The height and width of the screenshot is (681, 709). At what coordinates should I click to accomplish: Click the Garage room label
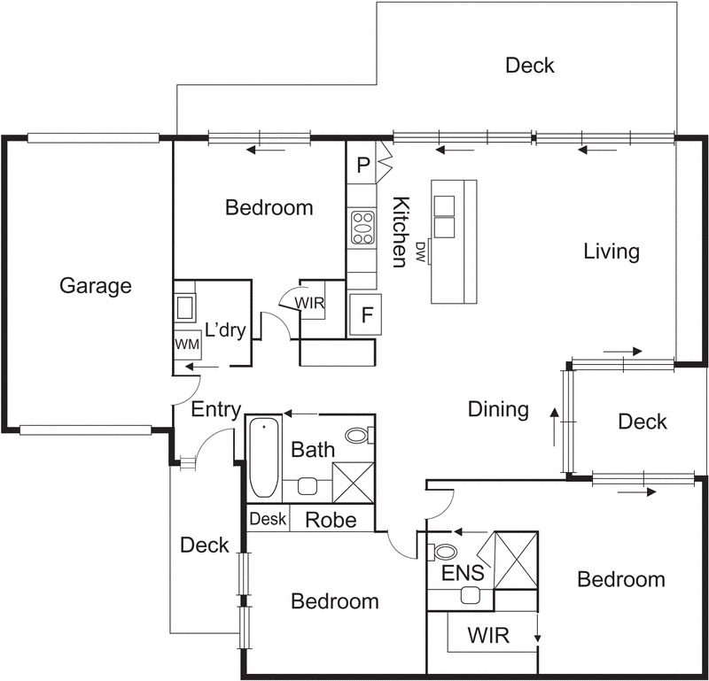coord(96,286)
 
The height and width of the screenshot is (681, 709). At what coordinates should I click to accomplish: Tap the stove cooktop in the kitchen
coord(363,228)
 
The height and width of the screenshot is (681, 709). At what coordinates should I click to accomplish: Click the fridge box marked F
coord(366,314)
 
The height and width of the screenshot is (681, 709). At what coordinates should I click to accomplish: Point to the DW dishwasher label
coord(420,252)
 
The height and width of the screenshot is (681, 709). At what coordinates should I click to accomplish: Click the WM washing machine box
coord(188,344)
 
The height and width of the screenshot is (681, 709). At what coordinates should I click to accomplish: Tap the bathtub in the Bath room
coord(264,457)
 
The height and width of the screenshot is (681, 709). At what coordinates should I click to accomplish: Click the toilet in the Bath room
coord(360,435)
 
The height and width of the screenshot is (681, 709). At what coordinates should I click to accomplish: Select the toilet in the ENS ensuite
coord(442,552)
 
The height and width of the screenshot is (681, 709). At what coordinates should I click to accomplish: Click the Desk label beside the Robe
coord(268,519)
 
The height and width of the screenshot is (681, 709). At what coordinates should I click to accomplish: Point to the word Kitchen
coord(401,232)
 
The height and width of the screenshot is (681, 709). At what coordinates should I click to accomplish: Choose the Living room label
coord(612,252)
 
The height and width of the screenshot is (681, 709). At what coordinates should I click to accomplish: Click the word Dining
coord(498,409)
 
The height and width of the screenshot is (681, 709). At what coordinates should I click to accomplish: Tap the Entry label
coord(216,410)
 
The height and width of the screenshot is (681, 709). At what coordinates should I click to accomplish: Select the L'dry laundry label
coord(225,330)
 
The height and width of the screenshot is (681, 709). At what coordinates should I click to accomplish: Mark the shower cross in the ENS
coord(516,561)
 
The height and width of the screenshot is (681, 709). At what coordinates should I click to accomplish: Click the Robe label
coord(331,520)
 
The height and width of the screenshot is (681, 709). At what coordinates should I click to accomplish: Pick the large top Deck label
coord(529,66)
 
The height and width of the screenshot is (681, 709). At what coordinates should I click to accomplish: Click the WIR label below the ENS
coord(488,635)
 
